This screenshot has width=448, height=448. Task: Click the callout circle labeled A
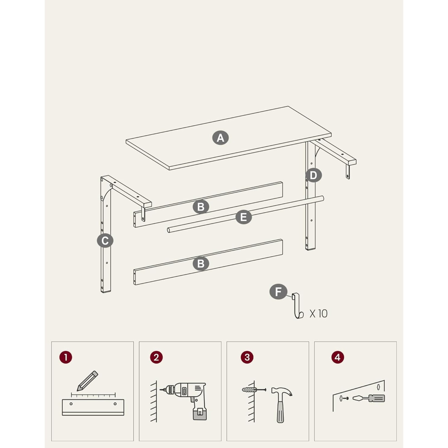(220, 138)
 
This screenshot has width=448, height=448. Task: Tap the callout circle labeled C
(105, 241)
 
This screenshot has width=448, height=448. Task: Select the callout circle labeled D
(313, 175)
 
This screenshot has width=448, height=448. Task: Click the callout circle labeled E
(244, 217)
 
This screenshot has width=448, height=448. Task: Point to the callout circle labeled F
(278, 292)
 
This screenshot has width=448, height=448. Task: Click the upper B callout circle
(201, 207)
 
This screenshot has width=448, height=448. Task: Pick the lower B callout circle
(201, 264)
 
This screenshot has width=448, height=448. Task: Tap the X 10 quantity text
(319, 314)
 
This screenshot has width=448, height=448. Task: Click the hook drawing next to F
(297, 306)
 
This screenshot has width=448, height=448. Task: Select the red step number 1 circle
(66, 357)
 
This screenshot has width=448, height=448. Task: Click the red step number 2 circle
(156, 357)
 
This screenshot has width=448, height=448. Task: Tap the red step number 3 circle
(247, 357)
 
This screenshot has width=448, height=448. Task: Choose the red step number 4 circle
(337, 357)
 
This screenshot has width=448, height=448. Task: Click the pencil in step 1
(87, 381)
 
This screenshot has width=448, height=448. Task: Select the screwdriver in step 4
(369, 398)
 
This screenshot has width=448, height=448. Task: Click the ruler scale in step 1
(93, 395)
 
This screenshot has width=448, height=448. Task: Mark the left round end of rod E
(169, 231)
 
